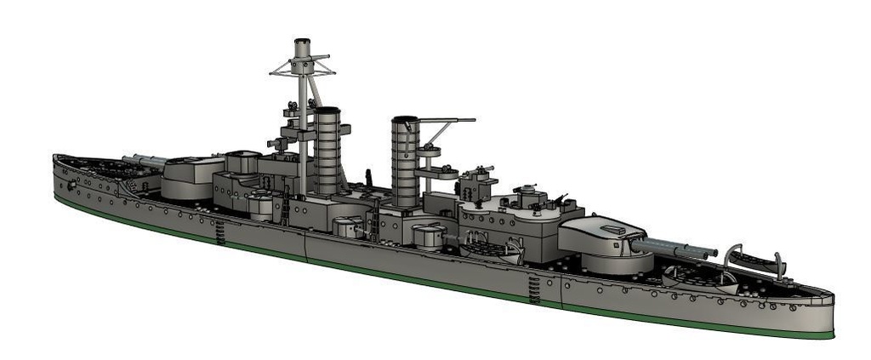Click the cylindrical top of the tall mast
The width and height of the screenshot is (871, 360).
[302, 48]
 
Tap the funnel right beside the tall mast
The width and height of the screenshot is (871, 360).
[327, 149]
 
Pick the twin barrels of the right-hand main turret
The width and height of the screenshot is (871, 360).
[676, 248]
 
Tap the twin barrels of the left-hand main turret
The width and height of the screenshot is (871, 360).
[145, 159]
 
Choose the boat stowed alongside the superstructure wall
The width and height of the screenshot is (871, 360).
[491, 249]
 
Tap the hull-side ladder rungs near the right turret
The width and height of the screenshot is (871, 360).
[533, 289]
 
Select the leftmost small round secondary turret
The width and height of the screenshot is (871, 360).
[261, 206]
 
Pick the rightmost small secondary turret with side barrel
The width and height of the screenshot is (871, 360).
[430, 235]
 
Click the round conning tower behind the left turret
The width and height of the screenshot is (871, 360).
[242, 161]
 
